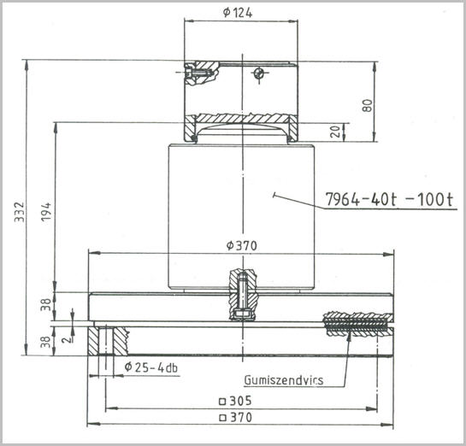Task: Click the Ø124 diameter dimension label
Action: coord(237,13)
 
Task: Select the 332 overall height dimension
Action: coord(20,212)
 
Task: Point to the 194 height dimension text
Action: coord(47,211)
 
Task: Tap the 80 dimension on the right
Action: coord(368,105)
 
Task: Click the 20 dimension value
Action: coord(335,132)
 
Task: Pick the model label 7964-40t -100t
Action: coord(390,199)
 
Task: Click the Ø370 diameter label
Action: coord(241,245)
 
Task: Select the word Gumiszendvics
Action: coord(284,380)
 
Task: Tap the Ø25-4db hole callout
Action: coord(151,367)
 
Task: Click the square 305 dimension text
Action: coord(235,401)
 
